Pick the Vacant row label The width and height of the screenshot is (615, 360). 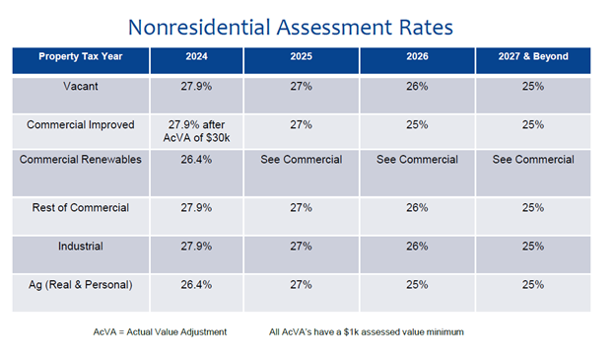click(80, 87)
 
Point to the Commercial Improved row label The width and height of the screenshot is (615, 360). click(80, 124)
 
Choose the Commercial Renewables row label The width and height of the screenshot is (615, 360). click(80, 160)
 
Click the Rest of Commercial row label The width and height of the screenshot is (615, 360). click(80, 208)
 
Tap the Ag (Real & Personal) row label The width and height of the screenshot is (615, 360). click(80, 284)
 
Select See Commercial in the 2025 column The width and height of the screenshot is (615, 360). click(301, 160)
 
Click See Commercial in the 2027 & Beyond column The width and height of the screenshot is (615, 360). click(533, 160)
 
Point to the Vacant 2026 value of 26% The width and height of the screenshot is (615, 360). click(416, 87)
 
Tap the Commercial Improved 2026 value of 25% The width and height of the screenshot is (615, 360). click(416, 124)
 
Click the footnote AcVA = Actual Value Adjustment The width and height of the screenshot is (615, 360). click(153, 331)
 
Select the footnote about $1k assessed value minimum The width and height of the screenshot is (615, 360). click(366, 331)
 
